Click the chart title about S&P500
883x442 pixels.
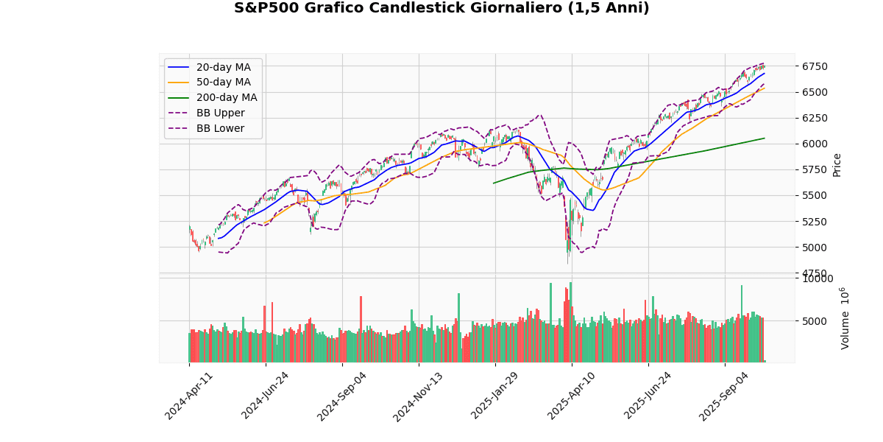click(x=441, y=9)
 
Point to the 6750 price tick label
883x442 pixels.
click(x=815, y=66)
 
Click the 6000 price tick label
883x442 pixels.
click(x=815, y=144)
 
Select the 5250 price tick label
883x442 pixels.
click(x=815, y=221)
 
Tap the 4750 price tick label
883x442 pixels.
click(x=815, y=273)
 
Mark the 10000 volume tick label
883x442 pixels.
click(x=818, y=278)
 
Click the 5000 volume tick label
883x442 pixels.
click(x=815, y=321)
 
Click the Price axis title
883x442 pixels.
click(x=837, y=164)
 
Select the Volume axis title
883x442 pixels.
click(x=844, y=318)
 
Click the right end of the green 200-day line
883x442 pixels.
click(x=765, y=138)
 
